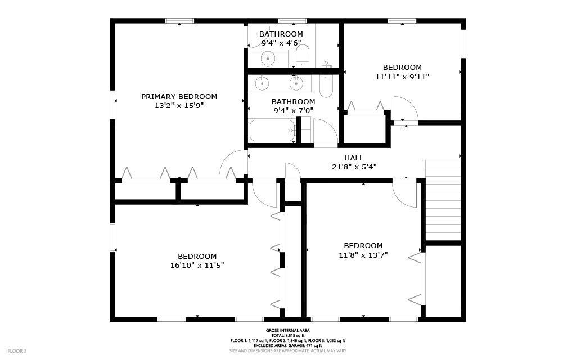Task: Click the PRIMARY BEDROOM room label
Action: tap(179, 97)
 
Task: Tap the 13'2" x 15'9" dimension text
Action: tap(179, 106)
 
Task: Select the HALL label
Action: tap(354, 158)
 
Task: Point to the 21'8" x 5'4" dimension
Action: tap(354, 166)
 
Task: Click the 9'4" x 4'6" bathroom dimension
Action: tap(281, 43)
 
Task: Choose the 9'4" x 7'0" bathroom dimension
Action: tap(294, 110)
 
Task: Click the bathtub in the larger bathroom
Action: tap(273, 130)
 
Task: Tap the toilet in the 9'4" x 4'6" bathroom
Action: tap(303, 56)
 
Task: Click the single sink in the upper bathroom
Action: tap(268, 58)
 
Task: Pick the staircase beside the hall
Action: tap(442, 200)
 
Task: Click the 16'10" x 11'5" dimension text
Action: tap(197, 265)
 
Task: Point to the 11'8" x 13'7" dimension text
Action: tap(363, 255)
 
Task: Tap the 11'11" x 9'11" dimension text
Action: tap(402, 76)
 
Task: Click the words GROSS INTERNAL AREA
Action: tap(287, 331)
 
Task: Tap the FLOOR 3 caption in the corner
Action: tap(17, 351)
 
